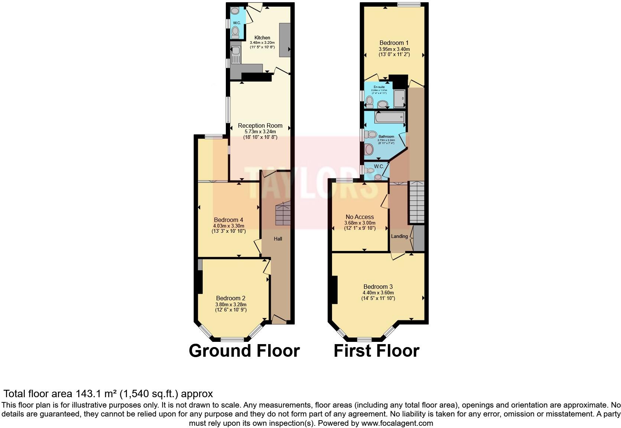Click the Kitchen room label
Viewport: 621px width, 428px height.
tap(262, 37)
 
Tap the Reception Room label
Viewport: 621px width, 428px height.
tap(260, 125)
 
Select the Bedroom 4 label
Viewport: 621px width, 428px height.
tap(228, 220)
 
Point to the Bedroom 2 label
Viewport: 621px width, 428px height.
tap(231, 298)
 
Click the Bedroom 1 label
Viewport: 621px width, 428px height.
tap(394, 43)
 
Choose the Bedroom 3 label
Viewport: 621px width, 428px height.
tap(378, 287)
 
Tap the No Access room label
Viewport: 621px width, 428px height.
tap(360, 217)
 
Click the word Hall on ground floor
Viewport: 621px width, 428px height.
tap(278, 239)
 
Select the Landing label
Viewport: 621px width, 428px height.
tap(399, 236)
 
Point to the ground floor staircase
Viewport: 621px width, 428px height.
tap(282, 214)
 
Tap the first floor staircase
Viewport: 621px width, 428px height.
tap(416, 202)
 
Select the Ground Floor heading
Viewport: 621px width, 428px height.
tap(244, 351)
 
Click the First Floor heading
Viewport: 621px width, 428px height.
tap(376, 351)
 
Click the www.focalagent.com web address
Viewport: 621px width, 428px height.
tap(397, 423)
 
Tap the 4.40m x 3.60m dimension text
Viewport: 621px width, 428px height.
tap(378, 293)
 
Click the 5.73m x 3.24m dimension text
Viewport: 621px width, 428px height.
tap(260, 131)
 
